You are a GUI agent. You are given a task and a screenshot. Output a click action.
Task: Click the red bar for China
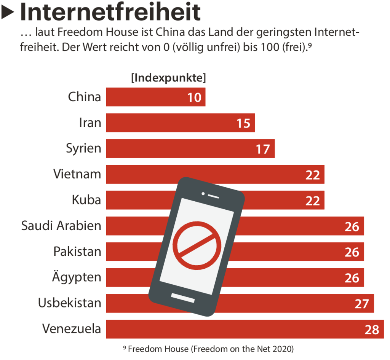pos(152,97)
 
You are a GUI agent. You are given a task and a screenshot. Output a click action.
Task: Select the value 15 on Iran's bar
pos(243,123)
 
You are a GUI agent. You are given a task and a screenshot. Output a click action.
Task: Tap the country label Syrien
pos(84,148)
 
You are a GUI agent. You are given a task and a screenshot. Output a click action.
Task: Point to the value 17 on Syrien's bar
pos(263,149)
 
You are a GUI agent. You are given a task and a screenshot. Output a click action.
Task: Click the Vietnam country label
pos(77,174)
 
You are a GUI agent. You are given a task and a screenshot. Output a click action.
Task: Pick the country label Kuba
pos(86,200)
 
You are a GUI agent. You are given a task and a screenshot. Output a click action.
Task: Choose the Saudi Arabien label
pos(61,226)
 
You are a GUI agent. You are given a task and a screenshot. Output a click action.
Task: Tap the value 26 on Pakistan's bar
pos(352,252)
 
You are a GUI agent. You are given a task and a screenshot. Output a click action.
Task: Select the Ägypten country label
pos(77,277)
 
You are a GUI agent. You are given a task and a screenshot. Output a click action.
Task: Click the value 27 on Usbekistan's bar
pos(361,303)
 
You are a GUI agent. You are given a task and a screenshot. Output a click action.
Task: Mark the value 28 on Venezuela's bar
pos(371,329)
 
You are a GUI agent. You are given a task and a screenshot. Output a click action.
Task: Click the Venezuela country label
pos(72,329)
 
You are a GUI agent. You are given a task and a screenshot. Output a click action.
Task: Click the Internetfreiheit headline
pos(110,12)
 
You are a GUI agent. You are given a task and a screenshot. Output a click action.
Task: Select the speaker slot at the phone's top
pos(214,196)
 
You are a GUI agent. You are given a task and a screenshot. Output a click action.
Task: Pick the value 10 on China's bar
pos(194,97)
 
